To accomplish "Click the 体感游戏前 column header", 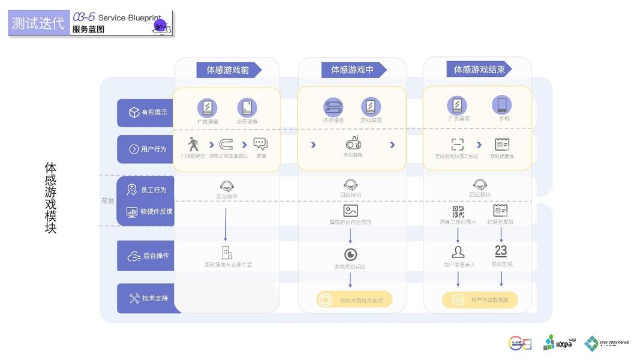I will tap(229, 70).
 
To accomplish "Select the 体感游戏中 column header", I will tap(352, 70).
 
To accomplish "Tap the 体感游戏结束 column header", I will tap(479, 70).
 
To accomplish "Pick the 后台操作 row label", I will tap(148, 256).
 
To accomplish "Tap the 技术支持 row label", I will tap(148, 298).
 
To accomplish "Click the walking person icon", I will tap(193, 144).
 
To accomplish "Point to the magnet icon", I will tap(226, 145).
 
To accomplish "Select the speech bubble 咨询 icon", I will tap(260, 144).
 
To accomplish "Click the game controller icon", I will tap(353, 143).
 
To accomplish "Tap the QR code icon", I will tap(458, 211).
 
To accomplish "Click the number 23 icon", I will tap(501, 251).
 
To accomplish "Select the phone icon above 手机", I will tap(501, 105).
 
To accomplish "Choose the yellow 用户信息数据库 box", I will tap(479, 300).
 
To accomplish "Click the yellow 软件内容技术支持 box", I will tap(354, 299).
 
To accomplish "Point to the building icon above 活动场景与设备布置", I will tap(227, 253).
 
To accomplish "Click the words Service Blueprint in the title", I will tap(129, 18).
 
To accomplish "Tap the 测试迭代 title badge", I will tap(38, 23).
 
